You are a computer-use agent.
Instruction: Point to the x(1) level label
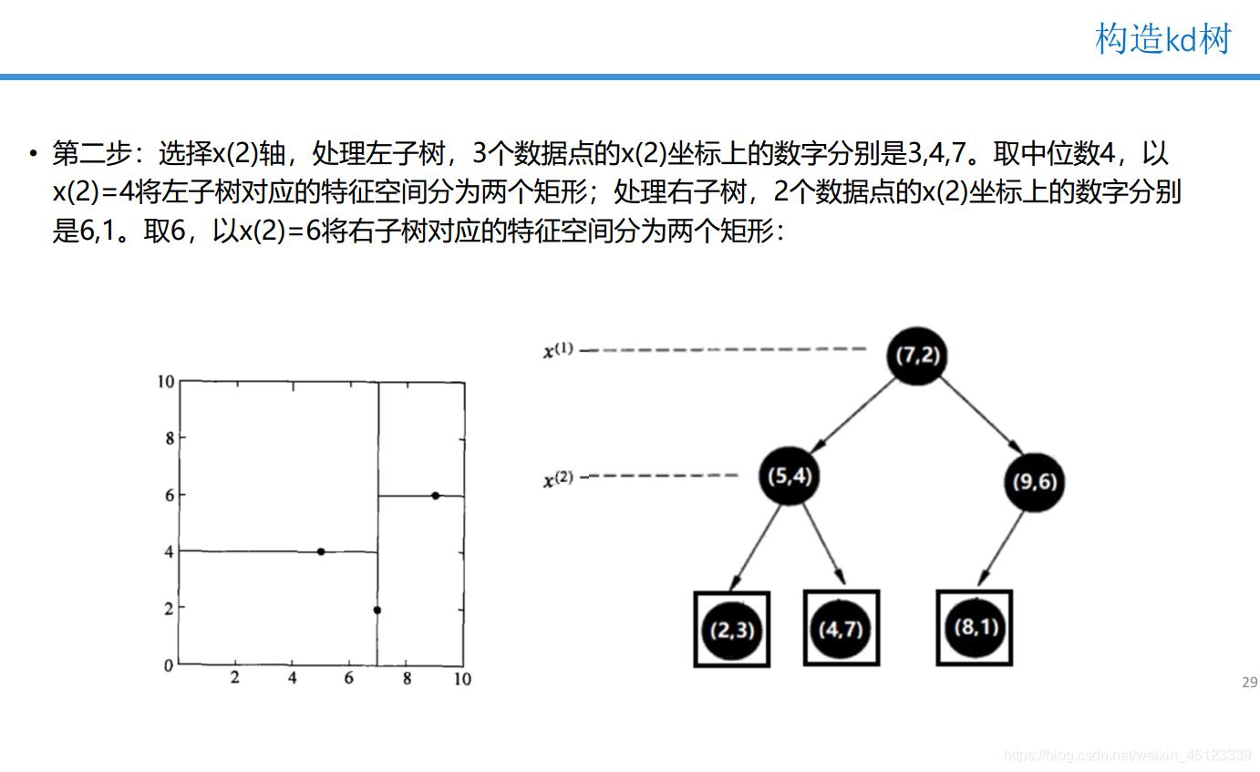[558, 349]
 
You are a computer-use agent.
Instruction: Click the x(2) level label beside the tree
[558, 476]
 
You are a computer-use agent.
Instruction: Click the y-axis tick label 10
[164, 381]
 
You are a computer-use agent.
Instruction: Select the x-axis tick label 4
[292, 679]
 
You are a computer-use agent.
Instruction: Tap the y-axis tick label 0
[168, 664]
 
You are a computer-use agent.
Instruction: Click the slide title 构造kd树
[1162, 39]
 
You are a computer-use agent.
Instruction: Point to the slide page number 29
[1249, 683]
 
